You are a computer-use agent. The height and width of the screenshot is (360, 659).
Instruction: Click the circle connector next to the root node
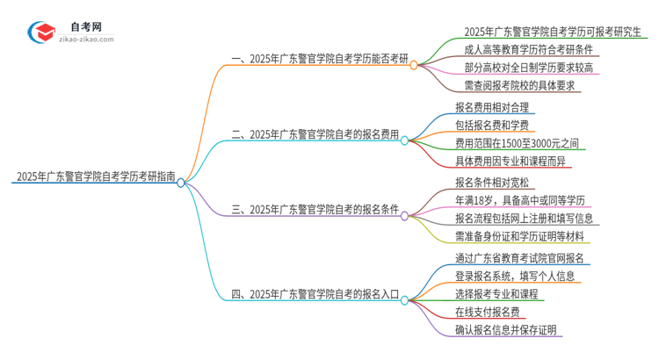point(181,183)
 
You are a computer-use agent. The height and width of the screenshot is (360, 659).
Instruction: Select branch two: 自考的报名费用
point(315,135)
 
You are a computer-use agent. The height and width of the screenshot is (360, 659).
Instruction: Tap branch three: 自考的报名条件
point(315,211)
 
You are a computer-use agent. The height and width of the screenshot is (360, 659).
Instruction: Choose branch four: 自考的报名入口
point(315,299)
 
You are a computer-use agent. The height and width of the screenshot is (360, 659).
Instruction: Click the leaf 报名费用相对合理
point(491,107)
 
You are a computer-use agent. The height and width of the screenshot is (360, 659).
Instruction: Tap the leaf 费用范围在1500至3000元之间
point(517,143)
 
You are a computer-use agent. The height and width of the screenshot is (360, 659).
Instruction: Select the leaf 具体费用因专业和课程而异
point(511,162)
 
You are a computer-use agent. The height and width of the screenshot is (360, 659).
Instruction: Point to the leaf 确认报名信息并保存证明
point(505,330)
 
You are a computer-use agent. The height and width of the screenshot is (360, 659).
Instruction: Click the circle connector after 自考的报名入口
point(404,299)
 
